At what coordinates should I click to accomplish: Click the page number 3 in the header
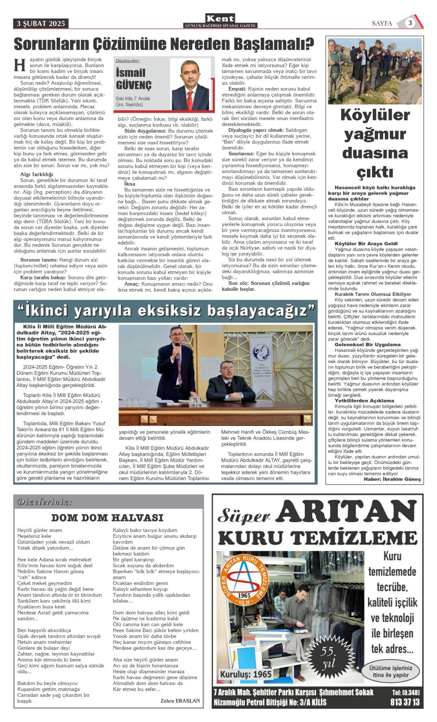tap(410, 23)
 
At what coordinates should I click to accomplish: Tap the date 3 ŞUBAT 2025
tap(41, 24)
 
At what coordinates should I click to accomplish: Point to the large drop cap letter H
tap(20, 65)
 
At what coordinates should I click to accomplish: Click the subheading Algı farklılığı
tap(37, 174)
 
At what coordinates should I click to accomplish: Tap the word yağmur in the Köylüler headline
tap(375, 134)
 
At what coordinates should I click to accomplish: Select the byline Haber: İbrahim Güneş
tap(392, 479)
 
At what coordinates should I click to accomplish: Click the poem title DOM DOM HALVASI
tap(107, 518)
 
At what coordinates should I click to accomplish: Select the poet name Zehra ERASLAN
tap(180, 701)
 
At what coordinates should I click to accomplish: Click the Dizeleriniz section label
tap(45, 502)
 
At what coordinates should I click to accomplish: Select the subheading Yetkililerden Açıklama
tap(364, 401)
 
